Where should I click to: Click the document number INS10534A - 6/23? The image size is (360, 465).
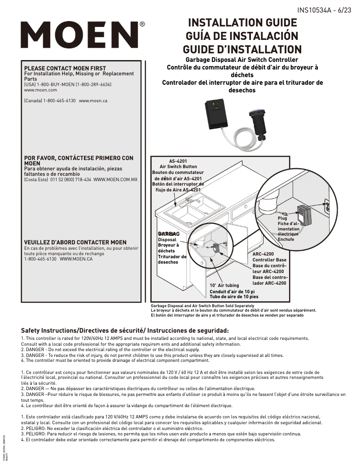(324, 10)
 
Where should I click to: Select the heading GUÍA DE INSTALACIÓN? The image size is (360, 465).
(242, 36)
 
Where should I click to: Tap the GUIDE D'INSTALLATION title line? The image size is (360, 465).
(242, 49)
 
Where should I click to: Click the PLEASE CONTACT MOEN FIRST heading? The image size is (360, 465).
(65, 69)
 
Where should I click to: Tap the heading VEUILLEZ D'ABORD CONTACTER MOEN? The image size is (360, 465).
(75, 242)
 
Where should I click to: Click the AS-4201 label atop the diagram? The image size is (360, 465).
(178, 161)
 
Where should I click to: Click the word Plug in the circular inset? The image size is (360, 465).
(282, 218)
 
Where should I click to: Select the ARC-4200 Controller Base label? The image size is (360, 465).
(269, 257)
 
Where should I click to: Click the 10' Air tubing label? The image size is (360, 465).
(224, 285)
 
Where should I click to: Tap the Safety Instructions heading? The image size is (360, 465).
(125, 330)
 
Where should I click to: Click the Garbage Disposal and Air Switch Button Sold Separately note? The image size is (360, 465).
(203, 305)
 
